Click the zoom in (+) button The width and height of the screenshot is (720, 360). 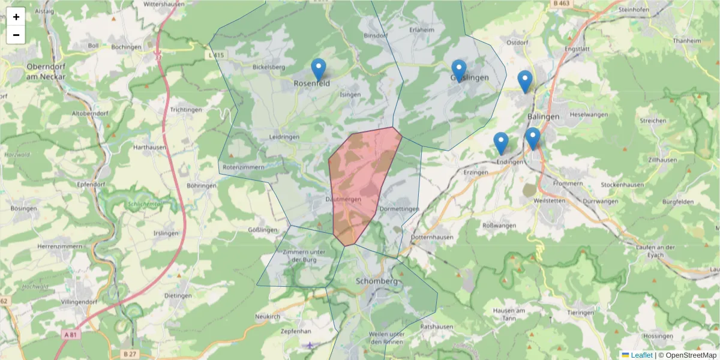pos(16,17)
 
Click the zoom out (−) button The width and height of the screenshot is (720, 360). pos(16,35)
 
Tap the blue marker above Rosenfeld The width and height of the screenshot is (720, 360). pos(319,70)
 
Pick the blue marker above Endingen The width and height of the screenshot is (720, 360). pos(501,143)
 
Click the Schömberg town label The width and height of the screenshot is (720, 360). pos(377,281)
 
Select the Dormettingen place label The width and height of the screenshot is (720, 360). pos(399,209)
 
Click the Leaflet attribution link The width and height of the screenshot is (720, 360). pos(641,355)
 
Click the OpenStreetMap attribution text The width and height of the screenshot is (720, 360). pos(691,355)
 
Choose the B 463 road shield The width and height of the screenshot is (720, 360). pos(561,4)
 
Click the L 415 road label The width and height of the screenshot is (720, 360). pos(217,55)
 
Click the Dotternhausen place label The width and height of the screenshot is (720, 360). pos(433,237)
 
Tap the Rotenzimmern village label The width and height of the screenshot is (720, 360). pos(243,167)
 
